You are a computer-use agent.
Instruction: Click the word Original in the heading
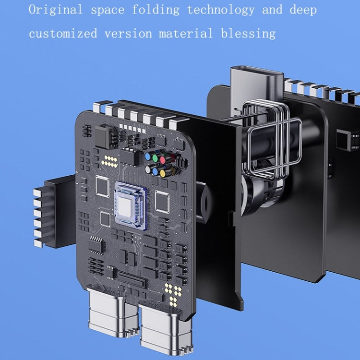56,10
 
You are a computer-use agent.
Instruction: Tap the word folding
156,11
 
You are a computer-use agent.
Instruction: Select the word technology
221,11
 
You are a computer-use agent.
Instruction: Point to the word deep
303,11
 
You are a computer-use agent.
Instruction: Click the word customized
63,34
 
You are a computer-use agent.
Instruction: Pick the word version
128,34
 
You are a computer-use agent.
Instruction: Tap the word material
186,34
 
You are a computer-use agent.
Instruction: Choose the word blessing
248,34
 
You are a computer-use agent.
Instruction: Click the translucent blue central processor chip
131,206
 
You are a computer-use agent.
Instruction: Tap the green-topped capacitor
155,158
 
